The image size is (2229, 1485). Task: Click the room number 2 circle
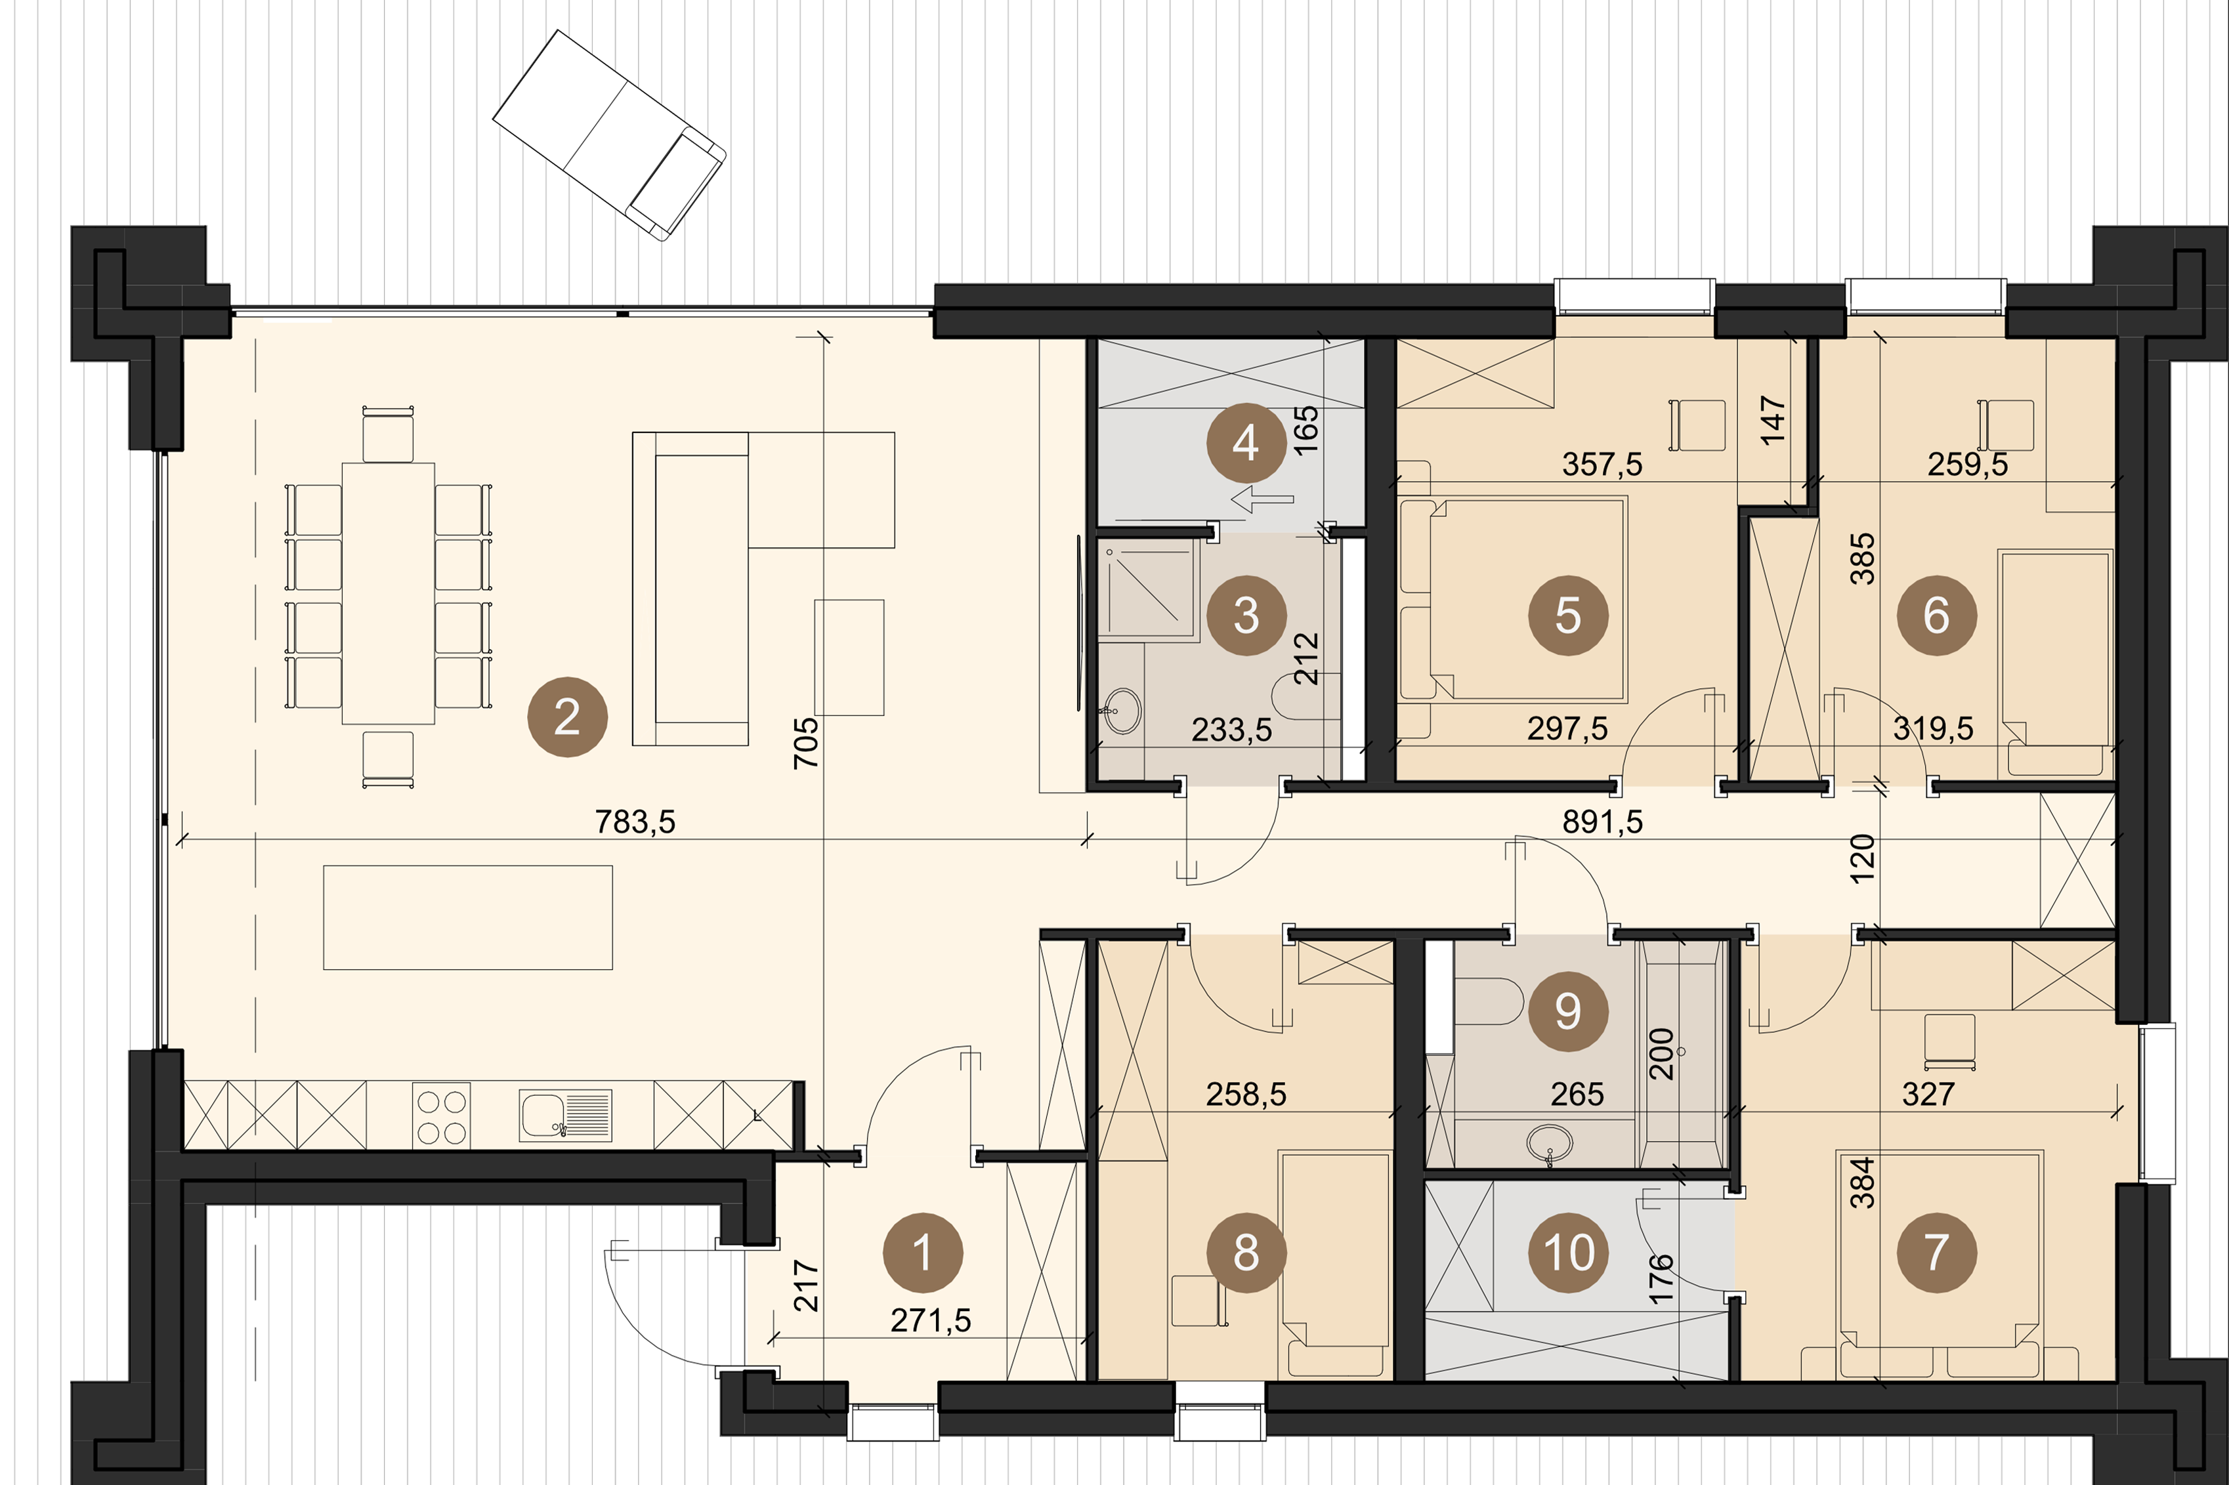pyautogui.click(x=568, y=717)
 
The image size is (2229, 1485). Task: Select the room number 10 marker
pyautogui.click(x=1569, y=1253)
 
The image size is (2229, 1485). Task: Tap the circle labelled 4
pyautogui.click(x=1246, y=442)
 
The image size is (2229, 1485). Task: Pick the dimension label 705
pyautogui.click(x=805, y=743)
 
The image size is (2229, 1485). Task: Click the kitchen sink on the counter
pyautogui.click(x=566, y=1116)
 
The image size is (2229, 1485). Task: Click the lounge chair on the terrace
pyautogui.click(x=609, y=135)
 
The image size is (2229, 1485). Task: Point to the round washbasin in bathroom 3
pyautogui.click(x=1124, y=709)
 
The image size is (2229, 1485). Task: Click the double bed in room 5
pyautogui.click(x=1513, y=600)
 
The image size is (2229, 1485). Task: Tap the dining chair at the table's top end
pyautogui.click(x=389, y=434)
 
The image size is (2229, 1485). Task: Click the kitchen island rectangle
pyautogui.click(x=468, y=917)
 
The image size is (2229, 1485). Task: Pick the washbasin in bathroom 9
pyautogui.click(x=1550, y=1143)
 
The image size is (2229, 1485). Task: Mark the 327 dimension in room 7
pyautogui.click(x=1928, y=1095)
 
